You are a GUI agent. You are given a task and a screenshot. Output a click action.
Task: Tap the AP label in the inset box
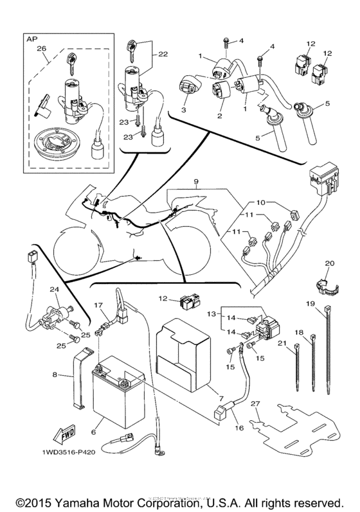pyautogui.click(x=32, y=38)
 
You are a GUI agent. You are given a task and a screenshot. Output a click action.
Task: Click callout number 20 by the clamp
pyautogui.click(x=330, y=263)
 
